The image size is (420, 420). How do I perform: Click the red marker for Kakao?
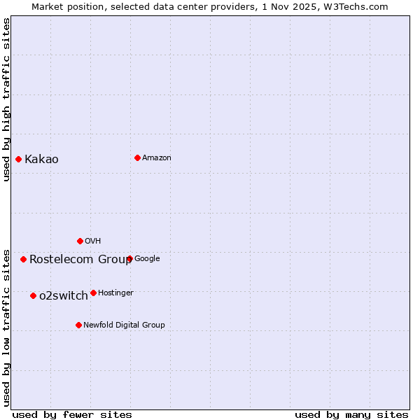click(19, 159)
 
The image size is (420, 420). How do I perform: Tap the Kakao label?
click(41, 159)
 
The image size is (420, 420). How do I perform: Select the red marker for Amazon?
click(137, 157)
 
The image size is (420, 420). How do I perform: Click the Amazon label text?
click(157, 157)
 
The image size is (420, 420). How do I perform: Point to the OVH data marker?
click(80, 241)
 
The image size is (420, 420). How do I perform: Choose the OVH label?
click(93, 241)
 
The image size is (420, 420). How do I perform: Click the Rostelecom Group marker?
click(23, 259)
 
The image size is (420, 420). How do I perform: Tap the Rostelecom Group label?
click(80, 259)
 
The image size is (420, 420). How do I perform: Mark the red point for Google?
click(129, 258)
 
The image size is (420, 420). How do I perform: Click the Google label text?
click(147, 258)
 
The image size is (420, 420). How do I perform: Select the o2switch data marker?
click(33, 295)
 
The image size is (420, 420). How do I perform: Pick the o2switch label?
click(64, 295)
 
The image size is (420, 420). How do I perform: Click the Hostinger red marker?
click(93, 293)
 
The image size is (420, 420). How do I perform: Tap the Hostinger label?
click(115, 293)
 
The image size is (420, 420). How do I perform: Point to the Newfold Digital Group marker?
click(78, 325)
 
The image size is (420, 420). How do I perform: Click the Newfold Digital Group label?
click(124, 325)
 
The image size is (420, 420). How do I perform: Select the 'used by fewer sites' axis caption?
click(72, 414)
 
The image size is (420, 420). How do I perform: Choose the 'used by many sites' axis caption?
click(351, 414)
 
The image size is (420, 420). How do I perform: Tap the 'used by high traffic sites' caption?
click(6, 99)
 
